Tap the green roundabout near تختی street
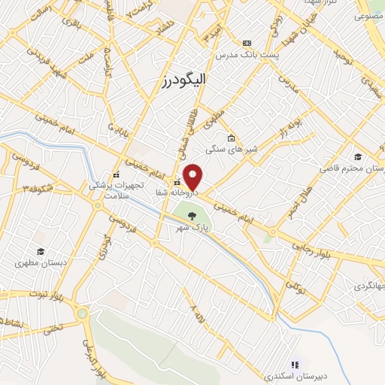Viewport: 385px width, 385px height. tap(83, 313)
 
